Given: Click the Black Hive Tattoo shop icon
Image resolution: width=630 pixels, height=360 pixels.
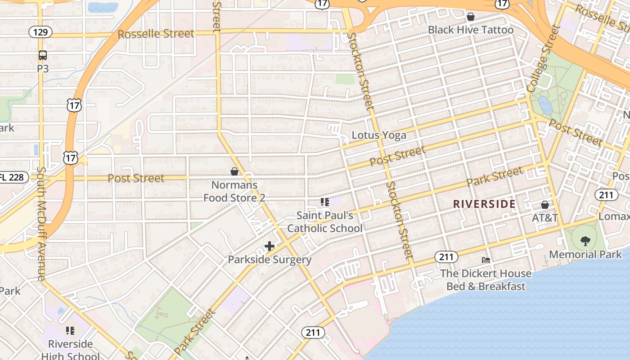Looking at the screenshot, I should pyautogui.click(x=471, y=17).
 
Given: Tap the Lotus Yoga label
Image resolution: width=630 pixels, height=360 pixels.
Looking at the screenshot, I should pyautogui.click(x=378, y=135).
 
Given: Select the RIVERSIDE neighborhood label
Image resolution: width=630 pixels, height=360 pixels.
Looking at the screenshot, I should pyautogui.click(x=484, y=204).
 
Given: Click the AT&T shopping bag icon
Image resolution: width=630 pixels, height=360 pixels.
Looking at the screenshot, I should pyautogui.click(x=545, y=205).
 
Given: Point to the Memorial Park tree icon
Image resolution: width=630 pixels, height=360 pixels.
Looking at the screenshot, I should pyautogui.click(x=585, y=241).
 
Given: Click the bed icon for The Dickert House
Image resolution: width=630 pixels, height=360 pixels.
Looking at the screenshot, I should pyautogui.click(x=486, y=260).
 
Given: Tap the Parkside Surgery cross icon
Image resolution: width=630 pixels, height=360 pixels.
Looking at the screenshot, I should pyautogui.click(x=270, y=246).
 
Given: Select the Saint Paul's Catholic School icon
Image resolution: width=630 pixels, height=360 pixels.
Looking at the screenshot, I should pyautogui.click(x=324, y=202).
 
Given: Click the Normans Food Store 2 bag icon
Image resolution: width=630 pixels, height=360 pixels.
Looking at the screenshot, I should pyautogui.click(x=234, y=171).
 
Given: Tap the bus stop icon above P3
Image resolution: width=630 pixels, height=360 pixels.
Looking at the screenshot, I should pyautogui.click(x=43, y=55).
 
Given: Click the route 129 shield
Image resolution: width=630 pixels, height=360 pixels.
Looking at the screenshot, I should pyautogui.click(x=40, y=32).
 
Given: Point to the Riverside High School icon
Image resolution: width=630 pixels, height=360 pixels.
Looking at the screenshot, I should pyautogui.click(x=70, y=331).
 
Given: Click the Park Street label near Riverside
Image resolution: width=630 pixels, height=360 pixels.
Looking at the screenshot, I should pyautogui.click(x=495, y=177).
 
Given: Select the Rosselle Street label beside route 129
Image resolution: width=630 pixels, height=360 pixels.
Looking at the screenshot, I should pyautogui.click(x=156, y=34).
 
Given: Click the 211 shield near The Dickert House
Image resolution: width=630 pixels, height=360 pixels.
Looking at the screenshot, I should pyautogui.click(x=446, y=257).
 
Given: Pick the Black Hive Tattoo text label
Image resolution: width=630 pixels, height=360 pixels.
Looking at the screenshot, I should pyautogui.click(x=471, y=30).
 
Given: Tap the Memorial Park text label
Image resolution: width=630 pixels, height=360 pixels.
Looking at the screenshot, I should pyautogui.click(x=585, y=254).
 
